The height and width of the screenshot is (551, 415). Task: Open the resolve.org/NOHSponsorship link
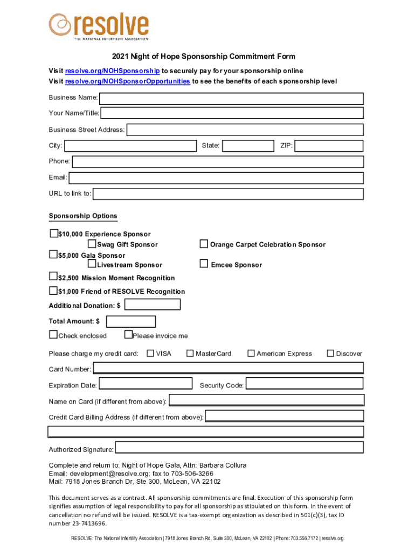click(112, 71)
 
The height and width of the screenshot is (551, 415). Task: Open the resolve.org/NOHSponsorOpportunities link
click(127, 81)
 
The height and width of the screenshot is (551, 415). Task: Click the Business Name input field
click(231, 98)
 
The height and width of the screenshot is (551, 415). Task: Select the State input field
click(248, 146)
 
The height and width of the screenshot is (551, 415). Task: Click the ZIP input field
click(329, 146)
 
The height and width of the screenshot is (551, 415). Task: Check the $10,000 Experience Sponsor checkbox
click(53, 234)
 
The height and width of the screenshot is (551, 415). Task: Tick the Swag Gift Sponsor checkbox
click(92, 244)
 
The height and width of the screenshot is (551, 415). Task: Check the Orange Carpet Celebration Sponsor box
click(204, 244)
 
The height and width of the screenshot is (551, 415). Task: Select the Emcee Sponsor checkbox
click(204, 264)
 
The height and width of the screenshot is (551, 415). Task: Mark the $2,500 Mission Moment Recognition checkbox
click(53, 277)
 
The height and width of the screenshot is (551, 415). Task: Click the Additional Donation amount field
click(153, 305)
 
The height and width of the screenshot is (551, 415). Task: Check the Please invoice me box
click(128, 335)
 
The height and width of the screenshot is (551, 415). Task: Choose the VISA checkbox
click(150, 354)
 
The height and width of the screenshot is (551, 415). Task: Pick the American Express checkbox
click(251, 354)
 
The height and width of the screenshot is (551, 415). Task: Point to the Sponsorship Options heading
click(83, 216)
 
